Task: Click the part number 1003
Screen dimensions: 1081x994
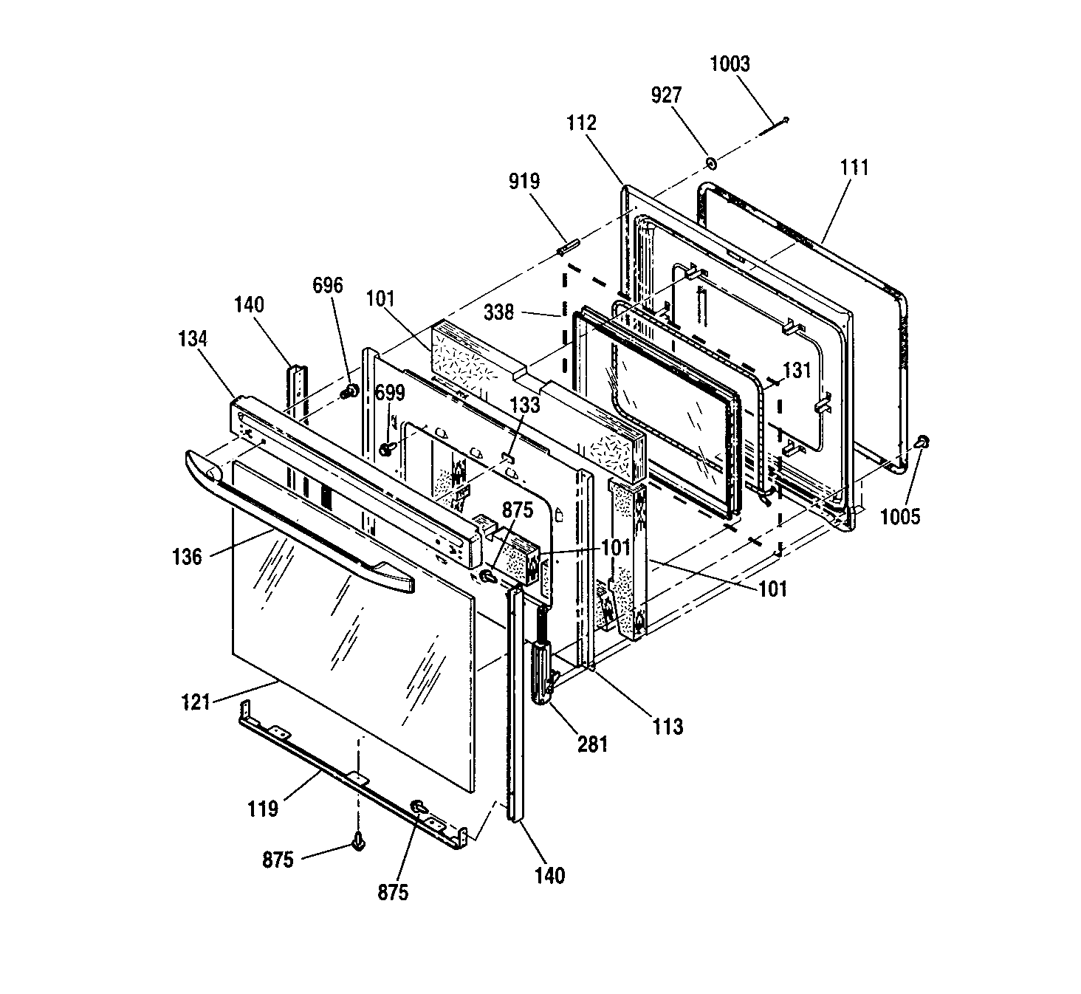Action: tap(730, 64)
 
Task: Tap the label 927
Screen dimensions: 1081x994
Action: tap(667, 95)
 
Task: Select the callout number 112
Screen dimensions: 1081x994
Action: tap(581, 123)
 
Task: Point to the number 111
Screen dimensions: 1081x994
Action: tap(854, 168)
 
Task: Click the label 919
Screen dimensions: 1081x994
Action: tap(524, 181)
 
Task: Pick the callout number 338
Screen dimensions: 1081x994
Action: tap(499, 312)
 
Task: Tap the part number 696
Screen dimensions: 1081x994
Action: tap(328, 285)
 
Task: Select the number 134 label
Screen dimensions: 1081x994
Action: tap(193, 338)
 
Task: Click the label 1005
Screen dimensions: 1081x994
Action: tap(900, 517)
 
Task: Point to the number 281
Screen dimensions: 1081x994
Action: tap(592, 744)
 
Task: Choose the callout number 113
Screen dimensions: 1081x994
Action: tap(668, 727)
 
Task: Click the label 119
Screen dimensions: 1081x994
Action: tap(263, 809)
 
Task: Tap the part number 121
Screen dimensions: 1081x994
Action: tap(196, 702)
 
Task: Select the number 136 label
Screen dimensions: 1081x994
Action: tap(187, 557)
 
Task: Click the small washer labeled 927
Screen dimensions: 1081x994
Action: tap(710, 163)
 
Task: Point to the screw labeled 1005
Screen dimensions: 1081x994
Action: tap(922, 442)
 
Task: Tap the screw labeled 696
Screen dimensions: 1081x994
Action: tap(352, 390)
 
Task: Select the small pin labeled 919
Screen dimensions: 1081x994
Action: tap(567, 248)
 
